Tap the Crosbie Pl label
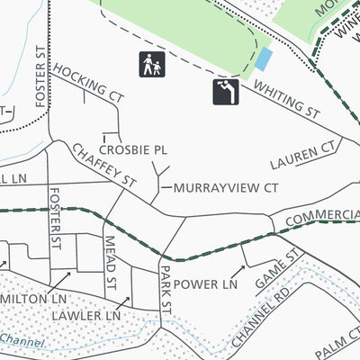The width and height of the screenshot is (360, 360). (x=133, y=150)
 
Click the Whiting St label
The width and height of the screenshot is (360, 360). (x=287, y=100)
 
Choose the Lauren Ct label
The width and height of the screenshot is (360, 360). (x=306, y=155)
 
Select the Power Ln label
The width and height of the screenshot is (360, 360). (x=204, y=283)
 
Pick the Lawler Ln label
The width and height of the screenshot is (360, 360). (x=85, y=317)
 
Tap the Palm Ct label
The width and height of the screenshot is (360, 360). (x=337, y=343)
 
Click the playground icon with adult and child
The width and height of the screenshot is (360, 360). (x=150, y=65)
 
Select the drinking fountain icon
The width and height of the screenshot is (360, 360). (x=226, y=92)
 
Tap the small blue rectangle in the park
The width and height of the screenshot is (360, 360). (x=263, y=59)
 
